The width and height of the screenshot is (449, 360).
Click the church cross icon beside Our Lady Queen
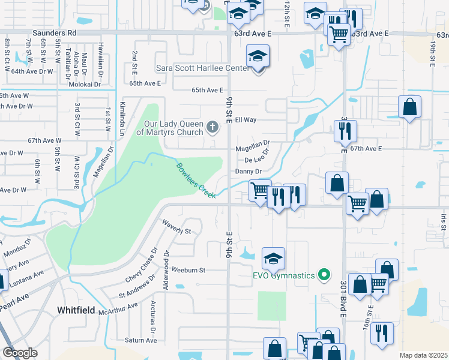pyautogui.click(x=211, y=127)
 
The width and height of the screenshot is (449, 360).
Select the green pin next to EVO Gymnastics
pyautogui.click(x=325, y=275)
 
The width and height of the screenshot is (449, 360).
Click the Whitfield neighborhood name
pyautogui.click(x=77, y=310)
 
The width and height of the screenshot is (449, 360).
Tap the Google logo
pyautogui.click(x=20, y=353)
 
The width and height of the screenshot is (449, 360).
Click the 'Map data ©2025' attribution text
pyautogui.click(x=423, y=355)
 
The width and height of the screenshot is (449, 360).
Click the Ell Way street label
pyautogui.click(x=246, y=120)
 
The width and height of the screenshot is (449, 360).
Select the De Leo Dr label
pyautogui.click(x=255, y=160)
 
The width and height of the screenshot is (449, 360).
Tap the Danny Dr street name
pyautogui.click(x=249, y=171)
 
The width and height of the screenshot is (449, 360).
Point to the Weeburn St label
pyautogui.click(x=188, y=270)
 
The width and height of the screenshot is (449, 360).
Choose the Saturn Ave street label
pyautogui.click(x=141, y=340)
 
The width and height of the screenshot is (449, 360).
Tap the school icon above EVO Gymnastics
pyautogui.click(x=273, y=258)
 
